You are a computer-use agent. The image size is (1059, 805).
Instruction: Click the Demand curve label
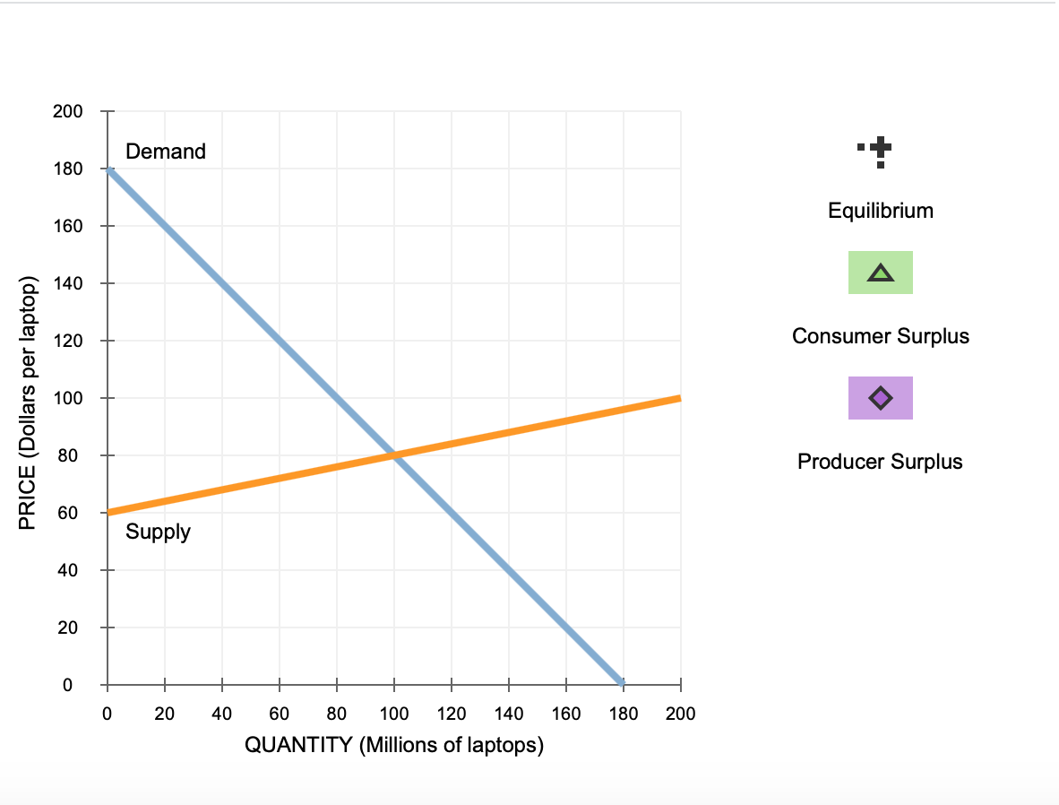pyautogui.click(x=166, y=151)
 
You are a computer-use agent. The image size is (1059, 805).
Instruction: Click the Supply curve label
pyautogui.click(x=158, y=532)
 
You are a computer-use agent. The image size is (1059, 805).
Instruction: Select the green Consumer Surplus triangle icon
pyautogui.click(x=881, y=273)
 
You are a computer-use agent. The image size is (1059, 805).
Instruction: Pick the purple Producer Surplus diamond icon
pyautogui.click(x=881, y=397)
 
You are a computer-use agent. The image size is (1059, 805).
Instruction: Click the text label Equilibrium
pyautogui.click(x=881, y=211)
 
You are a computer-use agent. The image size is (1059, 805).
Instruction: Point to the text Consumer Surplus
pyautogui.click(x=881, y=336)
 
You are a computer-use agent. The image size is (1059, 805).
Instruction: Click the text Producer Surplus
pyautogui.click(x=880, y=462)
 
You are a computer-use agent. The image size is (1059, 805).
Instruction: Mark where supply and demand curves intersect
pyautogui.click(x=394, y=455)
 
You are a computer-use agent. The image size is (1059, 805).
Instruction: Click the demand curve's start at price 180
pyautogui.click(x=108, y=169)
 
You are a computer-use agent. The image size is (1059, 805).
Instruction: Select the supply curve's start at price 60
pyautogui.click(x=108, y=513)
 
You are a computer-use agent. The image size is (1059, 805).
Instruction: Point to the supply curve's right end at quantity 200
pyautogui.click(x=680, y=398)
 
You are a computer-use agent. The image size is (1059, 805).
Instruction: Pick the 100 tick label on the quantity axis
pyautogui.click(x=394, y=714)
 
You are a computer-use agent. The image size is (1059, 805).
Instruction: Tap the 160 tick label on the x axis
pyautogui.click(x=566, y=714)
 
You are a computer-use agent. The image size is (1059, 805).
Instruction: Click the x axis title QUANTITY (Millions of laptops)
pyautogui.click(x=394, y=745)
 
